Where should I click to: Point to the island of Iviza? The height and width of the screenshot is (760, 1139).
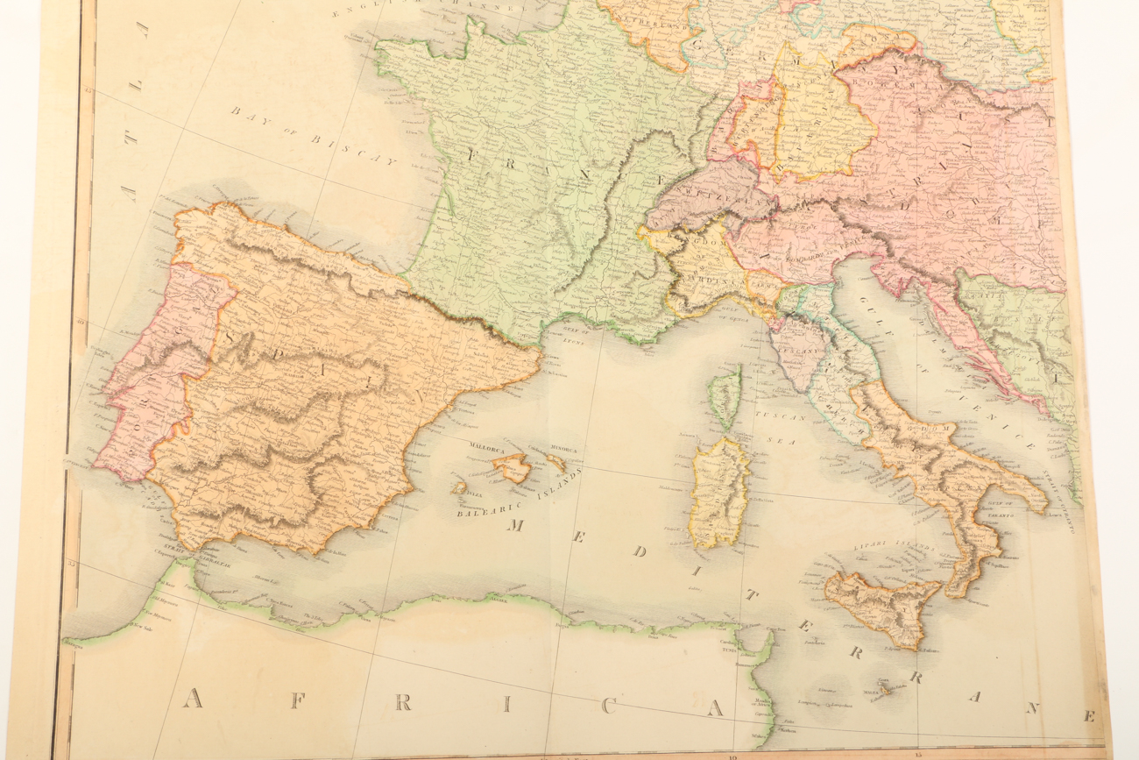pyautogui.click(x=459, y=487)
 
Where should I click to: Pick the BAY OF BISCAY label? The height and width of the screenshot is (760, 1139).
pyautogui.click(x=314, y=136)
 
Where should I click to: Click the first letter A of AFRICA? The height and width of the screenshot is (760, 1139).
pyautogui.click(x=195, y=699)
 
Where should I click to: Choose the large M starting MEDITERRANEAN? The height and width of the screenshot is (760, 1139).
pyautogui.click(x=517, y=525)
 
